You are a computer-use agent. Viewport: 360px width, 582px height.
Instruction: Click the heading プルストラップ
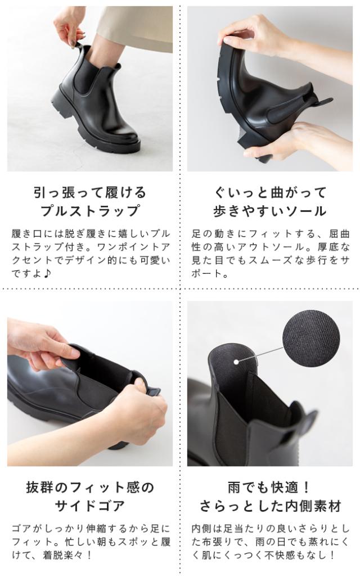[90, 210]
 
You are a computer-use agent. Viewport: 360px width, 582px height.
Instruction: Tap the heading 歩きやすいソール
[270, 210]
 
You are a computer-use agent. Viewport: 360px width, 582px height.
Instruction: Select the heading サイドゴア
[90, 506]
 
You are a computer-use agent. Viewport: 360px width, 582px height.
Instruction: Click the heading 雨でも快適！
[270, 488]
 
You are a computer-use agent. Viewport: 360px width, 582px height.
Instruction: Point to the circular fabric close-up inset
[311, 338]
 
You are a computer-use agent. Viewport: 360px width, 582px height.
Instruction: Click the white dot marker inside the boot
[236, 361]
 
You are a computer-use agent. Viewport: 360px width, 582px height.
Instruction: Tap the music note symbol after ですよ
[47, 273]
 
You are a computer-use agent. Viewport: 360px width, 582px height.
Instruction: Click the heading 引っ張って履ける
[90, 192]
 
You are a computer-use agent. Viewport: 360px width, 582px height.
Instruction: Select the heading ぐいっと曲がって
[270, 192]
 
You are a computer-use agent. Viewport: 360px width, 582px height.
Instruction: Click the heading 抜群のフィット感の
[90, 488]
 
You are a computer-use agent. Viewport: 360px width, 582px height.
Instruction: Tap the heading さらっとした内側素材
[270, 506]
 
